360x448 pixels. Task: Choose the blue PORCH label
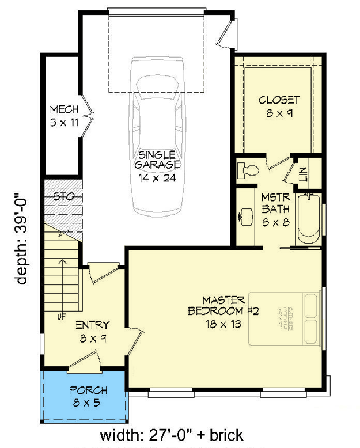(x=84, y=395)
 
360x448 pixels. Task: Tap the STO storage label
(x=63, y=196)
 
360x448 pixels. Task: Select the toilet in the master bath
(x=247, y=170)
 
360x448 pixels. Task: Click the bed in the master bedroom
(x=285, y=319)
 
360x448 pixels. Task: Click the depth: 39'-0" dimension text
(x=22, y=238)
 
